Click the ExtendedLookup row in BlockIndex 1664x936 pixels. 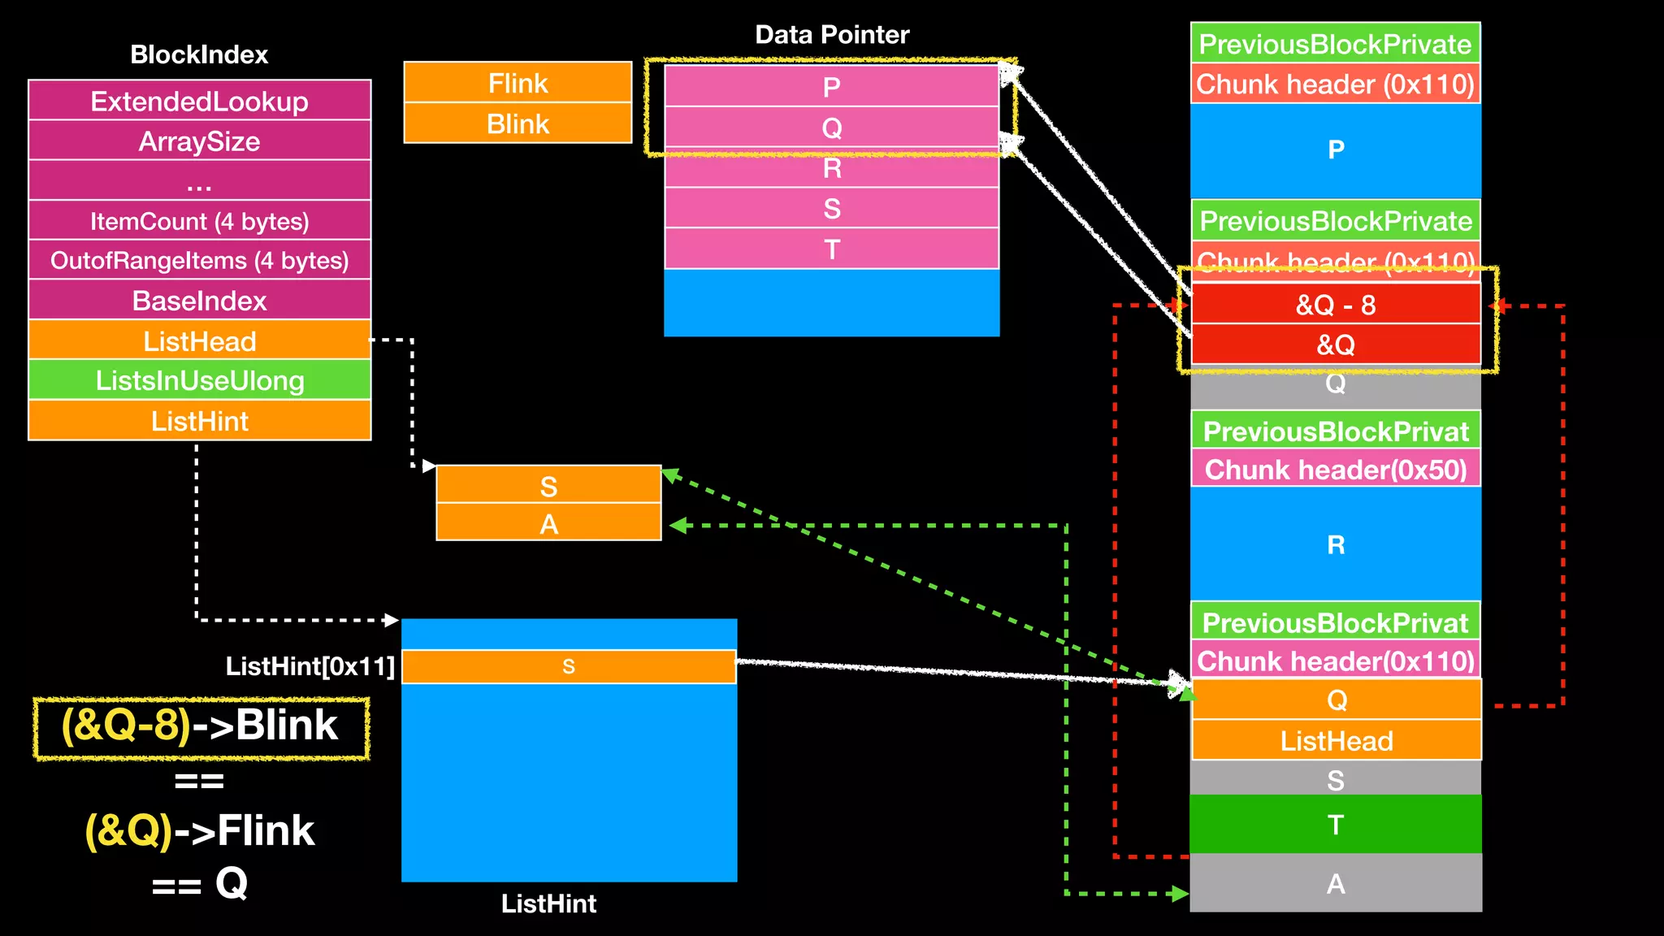coord(199,102)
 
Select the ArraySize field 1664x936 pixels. coord(199,141)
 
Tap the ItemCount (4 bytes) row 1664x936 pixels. coord(199,221)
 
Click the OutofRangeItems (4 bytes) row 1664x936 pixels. coord(199,261)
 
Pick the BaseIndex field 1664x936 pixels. coord(199,301)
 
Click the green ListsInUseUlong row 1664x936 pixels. coord(199,380)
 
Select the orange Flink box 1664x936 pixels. coord(518,83)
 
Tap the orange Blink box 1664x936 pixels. coord(518,123)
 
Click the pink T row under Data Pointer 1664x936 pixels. coord(831,249)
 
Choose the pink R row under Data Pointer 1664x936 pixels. coord(831,168)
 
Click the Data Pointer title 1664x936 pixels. coord(831,35)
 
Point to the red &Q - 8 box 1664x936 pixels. coord(1335,305)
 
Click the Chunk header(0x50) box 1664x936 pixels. coord(1335,470)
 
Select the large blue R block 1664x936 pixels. coord(1335,544)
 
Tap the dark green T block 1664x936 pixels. coord(1335,825)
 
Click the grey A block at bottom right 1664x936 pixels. coord(1335,883)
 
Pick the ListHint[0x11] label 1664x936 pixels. coord(310,666)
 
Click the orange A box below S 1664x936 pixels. coord(548,523)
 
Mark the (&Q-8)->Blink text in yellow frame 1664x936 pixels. coord(200,726)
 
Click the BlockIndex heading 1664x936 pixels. coord(199,54)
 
